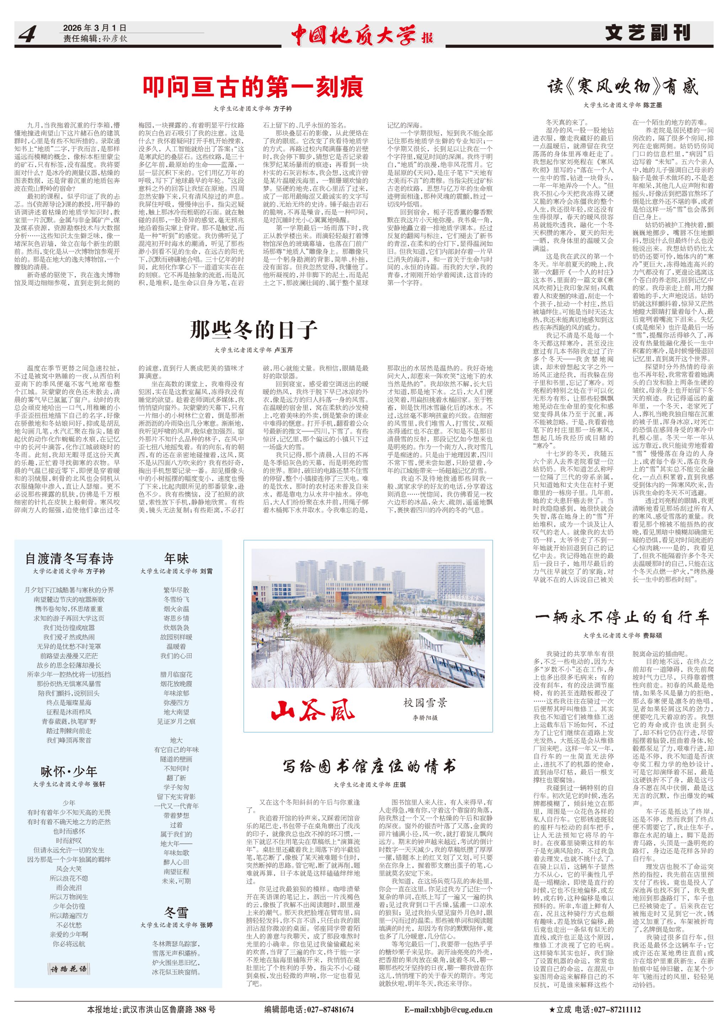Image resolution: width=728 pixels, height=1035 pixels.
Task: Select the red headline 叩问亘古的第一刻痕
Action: pyautogui.click(x=253, y=87)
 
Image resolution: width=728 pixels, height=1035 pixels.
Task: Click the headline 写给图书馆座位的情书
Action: pyautogui.click(x=369, y=766)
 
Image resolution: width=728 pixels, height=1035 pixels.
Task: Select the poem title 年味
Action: pyautogui.click(x=176, y=558)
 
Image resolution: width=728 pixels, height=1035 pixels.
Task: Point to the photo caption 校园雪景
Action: pyautogui.click(x=425, y=702)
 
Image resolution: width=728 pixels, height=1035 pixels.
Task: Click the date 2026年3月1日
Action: pyautogui.click(x=95, y=28)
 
